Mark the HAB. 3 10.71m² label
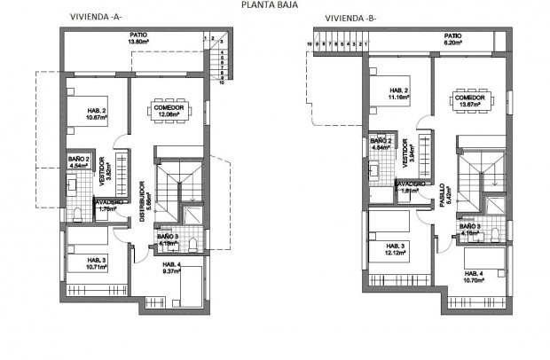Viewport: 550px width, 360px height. (90, 263)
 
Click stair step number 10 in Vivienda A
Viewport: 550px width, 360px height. (222, 89)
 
